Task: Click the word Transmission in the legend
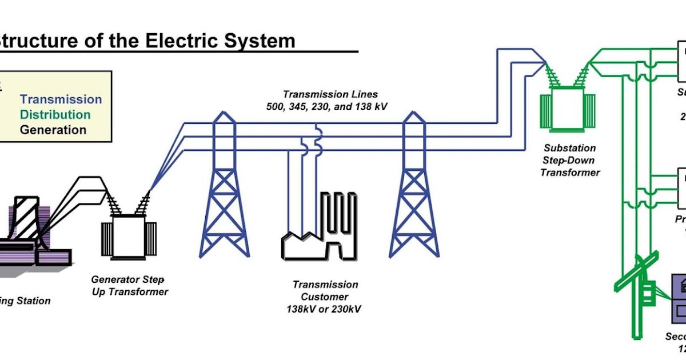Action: coord(61,99)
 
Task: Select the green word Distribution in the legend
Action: coord(55,114)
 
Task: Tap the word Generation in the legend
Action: coord(53,130)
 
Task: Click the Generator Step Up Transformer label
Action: coord(130,286)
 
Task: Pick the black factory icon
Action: coord(320,234)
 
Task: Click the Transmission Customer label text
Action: coord(325,291)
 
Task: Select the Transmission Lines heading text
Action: coord(330,94)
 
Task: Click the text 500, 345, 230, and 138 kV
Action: coord(327,106)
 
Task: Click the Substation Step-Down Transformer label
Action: coord(570,160)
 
